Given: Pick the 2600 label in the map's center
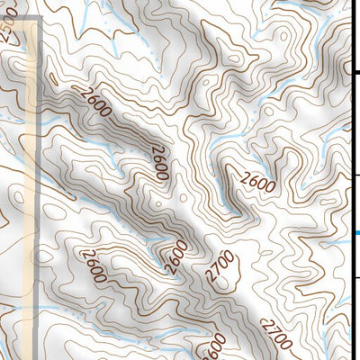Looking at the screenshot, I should pos(160,162).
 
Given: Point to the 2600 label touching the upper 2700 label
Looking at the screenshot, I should pos(178,256).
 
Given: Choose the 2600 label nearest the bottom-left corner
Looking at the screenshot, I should pos(92,266).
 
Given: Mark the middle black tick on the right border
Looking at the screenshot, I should pos(356,175).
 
